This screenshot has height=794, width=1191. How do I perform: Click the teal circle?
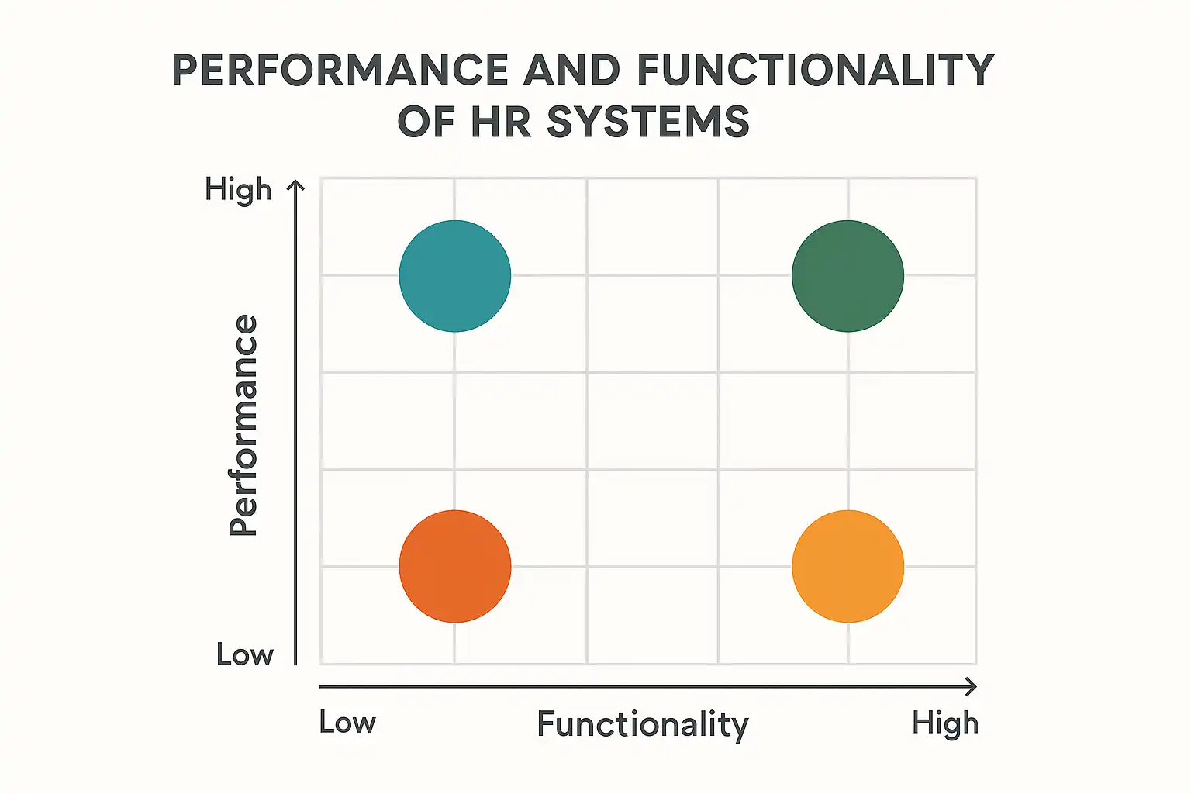click(x=455, y=276)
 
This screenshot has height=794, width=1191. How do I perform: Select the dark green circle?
click(x=848, y=276)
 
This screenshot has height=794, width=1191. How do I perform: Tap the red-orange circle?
click(x=455, y=566)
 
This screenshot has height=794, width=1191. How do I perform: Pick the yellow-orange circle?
click(x=848, y=566)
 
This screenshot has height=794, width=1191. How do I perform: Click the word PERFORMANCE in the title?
click(x=340, y=71)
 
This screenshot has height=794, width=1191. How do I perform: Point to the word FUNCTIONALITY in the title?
click(x=815, y=71)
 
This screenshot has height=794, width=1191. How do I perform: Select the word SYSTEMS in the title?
click(x=648, y=123)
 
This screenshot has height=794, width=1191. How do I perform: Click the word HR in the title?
click(x=501, y=123)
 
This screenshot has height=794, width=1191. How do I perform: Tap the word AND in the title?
click(x=572, y=71)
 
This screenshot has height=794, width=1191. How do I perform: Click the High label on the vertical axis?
click(x=238, y=189)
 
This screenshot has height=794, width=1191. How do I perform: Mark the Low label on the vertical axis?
click(x=245, y=655)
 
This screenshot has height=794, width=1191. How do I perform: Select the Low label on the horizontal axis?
click(x=347, y=723)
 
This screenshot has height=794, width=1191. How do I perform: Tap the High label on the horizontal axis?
click(x=944, y=723)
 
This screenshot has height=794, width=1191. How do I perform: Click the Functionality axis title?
click(x=643, y=725)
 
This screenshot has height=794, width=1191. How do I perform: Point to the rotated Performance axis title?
click(x=243, y=425)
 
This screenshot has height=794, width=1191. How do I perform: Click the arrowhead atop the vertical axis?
click(x=295, y=185)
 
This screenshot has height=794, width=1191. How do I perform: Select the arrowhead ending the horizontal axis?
click(x=971, y=686)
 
